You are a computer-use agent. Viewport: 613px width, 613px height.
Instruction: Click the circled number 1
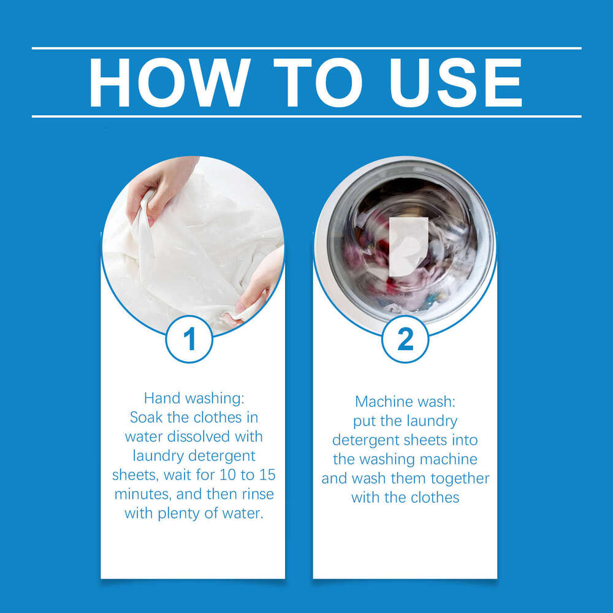189,339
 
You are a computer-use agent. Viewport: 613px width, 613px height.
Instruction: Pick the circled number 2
405,339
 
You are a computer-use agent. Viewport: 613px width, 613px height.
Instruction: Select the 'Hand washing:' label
194,398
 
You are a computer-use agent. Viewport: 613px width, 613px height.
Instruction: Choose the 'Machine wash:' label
405,402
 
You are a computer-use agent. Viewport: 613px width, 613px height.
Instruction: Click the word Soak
147,417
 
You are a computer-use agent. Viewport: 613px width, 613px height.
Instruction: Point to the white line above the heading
306,48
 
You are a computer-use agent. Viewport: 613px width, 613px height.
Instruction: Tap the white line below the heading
306,116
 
